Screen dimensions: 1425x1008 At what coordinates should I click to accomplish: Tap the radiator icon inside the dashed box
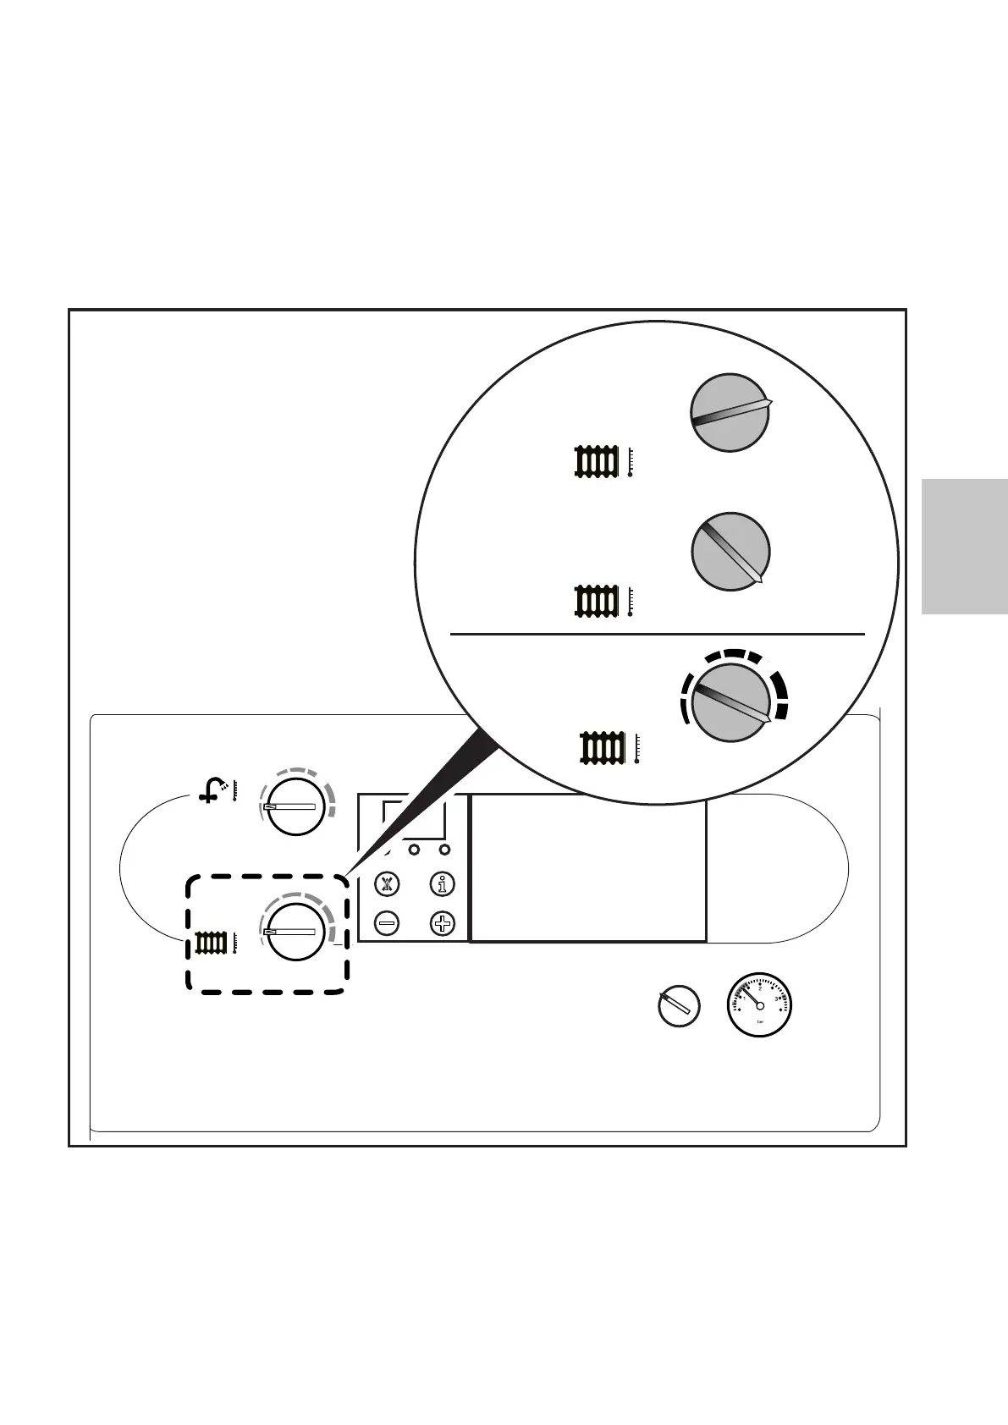point(210,943)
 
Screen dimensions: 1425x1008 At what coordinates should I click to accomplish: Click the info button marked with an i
point(442,885)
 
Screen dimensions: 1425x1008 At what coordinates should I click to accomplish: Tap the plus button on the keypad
point(443,922)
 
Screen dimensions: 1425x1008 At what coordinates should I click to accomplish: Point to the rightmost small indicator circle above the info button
point(445,849)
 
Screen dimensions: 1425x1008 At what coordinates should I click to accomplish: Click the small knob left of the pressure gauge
point(679,1006)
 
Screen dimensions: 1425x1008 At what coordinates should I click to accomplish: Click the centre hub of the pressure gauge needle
point(759,1005)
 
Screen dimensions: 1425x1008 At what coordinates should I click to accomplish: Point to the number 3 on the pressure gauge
point(776,999)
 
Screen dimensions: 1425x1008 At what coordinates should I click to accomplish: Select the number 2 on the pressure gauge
point(760,988)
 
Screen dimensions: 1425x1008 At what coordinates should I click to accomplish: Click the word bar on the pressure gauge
point(760,1023)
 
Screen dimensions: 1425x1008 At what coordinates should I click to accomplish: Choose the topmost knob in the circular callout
point(730,412)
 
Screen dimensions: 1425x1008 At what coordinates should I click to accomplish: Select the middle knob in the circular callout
point(730,551)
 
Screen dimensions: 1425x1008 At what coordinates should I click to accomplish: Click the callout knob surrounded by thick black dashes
point(730,703)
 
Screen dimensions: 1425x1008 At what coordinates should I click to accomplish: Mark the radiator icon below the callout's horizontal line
point(602,749)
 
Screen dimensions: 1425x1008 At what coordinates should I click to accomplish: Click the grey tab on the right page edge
point(964,546)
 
